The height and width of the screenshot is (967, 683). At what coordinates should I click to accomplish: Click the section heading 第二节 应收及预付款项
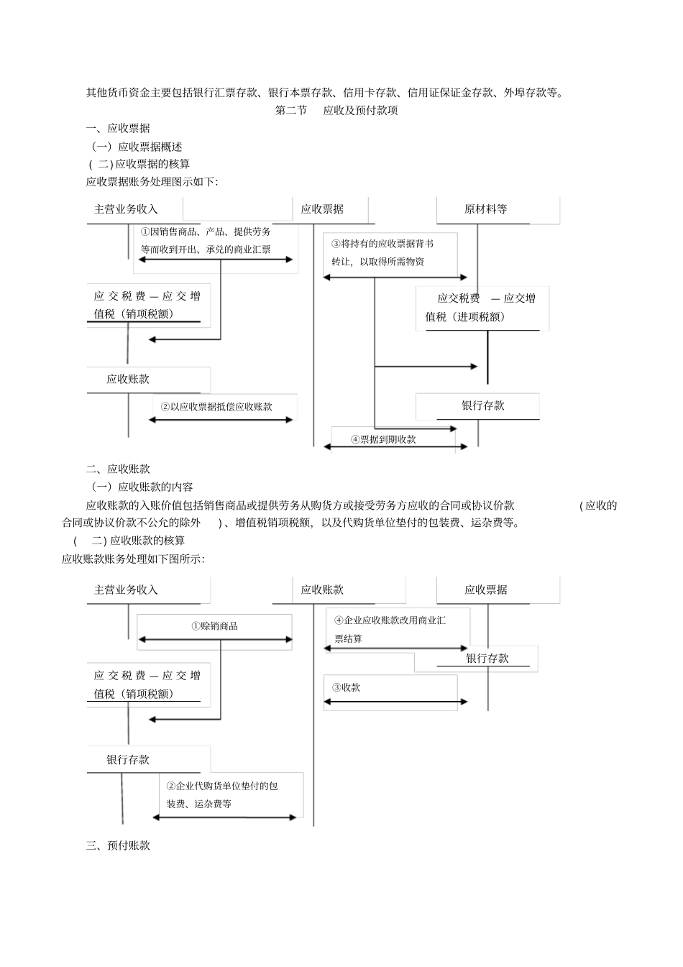[336, 111]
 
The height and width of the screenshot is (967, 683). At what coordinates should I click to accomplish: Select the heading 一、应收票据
[118, 129]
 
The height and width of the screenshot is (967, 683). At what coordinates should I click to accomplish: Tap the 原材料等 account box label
[486, 209]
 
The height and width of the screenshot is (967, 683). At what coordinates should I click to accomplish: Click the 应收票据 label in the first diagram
[322, 209]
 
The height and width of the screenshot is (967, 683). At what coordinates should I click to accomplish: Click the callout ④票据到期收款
[383, 439]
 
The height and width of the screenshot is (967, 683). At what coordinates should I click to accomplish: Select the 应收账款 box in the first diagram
[128, 379]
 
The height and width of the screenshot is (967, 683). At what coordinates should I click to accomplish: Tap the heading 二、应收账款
[118, 469]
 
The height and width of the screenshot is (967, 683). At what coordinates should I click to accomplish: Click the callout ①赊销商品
[214, 626]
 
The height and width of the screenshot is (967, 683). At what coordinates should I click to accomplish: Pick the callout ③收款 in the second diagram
[347, 687]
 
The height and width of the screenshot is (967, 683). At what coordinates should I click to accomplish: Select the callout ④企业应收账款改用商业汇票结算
[390, 629]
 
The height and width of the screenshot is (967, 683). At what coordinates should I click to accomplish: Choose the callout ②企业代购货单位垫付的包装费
[222, 794]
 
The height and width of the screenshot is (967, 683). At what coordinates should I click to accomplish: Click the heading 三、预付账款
[118, 845]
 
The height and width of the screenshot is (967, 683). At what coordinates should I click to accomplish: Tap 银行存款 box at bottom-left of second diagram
[128, 760]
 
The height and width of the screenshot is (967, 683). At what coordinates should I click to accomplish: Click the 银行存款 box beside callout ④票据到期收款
[483, 405]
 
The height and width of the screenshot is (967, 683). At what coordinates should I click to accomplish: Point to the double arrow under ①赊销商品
[214, 639]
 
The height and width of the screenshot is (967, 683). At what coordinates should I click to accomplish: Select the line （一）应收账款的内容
[142, 487]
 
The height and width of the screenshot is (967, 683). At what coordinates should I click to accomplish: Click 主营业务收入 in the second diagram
[126, 590]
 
